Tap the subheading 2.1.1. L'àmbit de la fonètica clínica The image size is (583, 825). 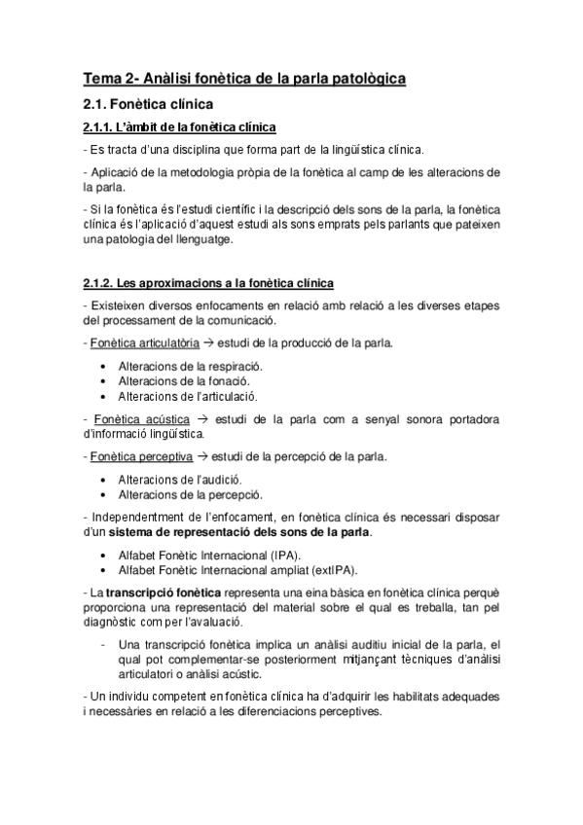pyautogui.click(x=180, y=127)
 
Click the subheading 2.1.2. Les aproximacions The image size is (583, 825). pyautogui.click(x=208, y=283)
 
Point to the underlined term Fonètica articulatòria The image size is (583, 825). pyautogui.click(x=143, y=343)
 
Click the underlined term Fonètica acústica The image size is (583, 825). pyautogui.click(x=134, y=418)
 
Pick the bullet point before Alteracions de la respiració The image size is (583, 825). pyautogui.click(x=103, y=366)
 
